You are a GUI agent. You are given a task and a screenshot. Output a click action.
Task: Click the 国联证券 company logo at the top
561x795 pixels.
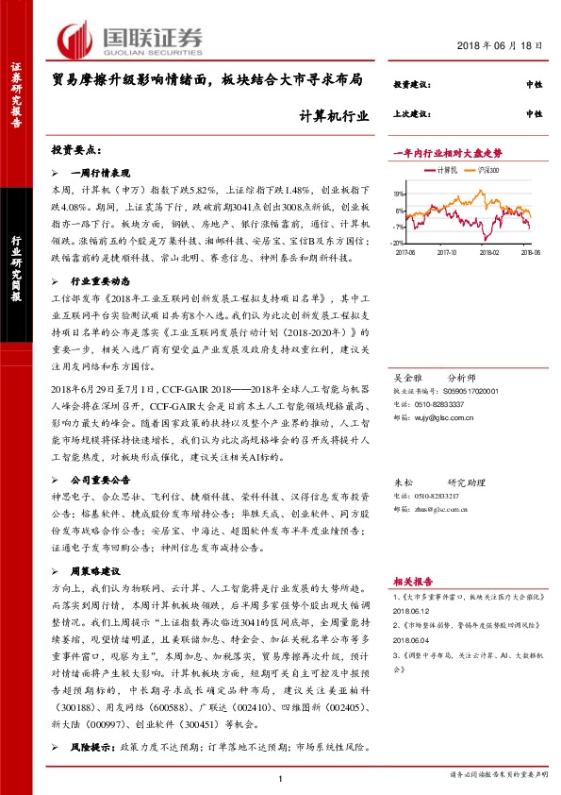(x=128, y=38)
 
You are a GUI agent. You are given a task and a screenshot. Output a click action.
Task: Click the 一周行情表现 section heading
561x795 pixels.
(x=103, y=174)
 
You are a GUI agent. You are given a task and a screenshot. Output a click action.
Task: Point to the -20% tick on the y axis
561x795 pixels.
(x=400, y=242)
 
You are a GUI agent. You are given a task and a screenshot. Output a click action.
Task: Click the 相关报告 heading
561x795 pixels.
(x=413, y=582)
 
